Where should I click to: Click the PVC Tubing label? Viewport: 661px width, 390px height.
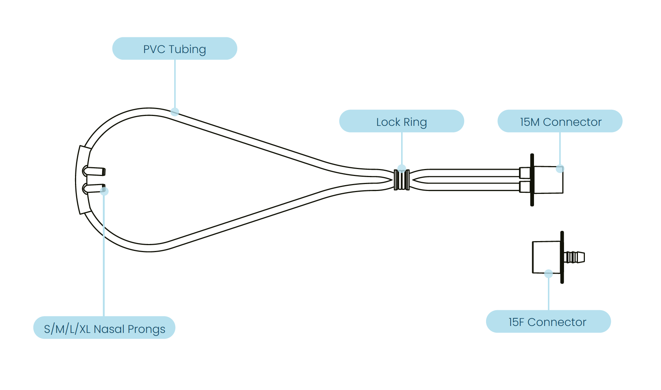[x=175, y=49]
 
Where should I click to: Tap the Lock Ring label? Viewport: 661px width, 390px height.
[x=402, y=121]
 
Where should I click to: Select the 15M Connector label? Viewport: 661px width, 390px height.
[x=560, y=121]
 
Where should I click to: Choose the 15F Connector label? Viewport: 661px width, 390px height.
[x=548, y=322]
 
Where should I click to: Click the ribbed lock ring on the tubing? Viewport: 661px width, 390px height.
[x=402, y=180]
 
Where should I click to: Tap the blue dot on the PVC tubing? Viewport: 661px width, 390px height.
[x=175, y=112]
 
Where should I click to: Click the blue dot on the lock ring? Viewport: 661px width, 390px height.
[x=402, y=168]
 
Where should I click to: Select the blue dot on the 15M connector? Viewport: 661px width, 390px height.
[x=560, y=169]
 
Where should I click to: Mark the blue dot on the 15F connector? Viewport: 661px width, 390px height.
[x=548, y=273]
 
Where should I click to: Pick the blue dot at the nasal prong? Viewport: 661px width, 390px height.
[x=104, y=191]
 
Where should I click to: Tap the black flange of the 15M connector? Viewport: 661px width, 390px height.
[x=532, y=180]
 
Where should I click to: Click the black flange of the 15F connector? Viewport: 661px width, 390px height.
[x=562, y=257]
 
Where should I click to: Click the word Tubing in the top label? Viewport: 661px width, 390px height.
[x=187, y=49]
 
